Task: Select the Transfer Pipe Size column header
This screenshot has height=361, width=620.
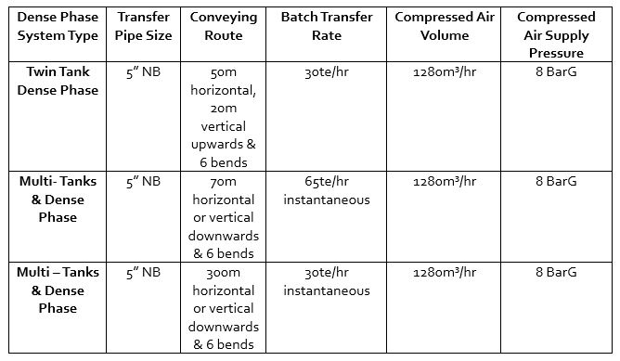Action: (144, 27)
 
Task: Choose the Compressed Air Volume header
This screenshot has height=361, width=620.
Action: (443, 27)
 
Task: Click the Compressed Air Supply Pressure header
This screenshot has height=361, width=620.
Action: (556, 35)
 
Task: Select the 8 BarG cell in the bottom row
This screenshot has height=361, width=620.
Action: (556, 272)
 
